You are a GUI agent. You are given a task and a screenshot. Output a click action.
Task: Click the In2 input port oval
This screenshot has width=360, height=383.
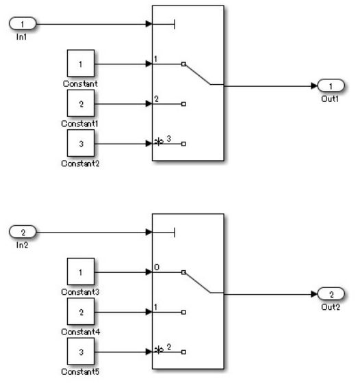pyautogui.click(x=22, y=233)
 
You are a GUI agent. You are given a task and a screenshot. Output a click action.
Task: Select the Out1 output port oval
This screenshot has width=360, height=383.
pyautogui.click(x=330, y=86)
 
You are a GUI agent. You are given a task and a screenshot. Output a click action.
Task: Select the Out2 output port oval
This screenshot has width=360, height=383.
pyautogui.click(x=330, y=294)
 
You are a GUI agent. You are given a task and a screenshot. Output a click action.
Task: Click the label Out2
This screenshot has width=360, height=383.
pyautogui.click(x=329, y=306)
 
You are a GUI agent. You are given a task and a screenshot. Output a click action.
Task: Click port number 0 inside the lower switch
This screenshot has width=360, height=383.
pyautogui.click(x=157, y=266)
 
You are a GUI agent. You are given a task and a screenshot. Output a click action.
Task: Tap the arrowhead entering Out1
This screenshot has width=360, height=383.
pyautogui.click(x=314, y=86)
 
